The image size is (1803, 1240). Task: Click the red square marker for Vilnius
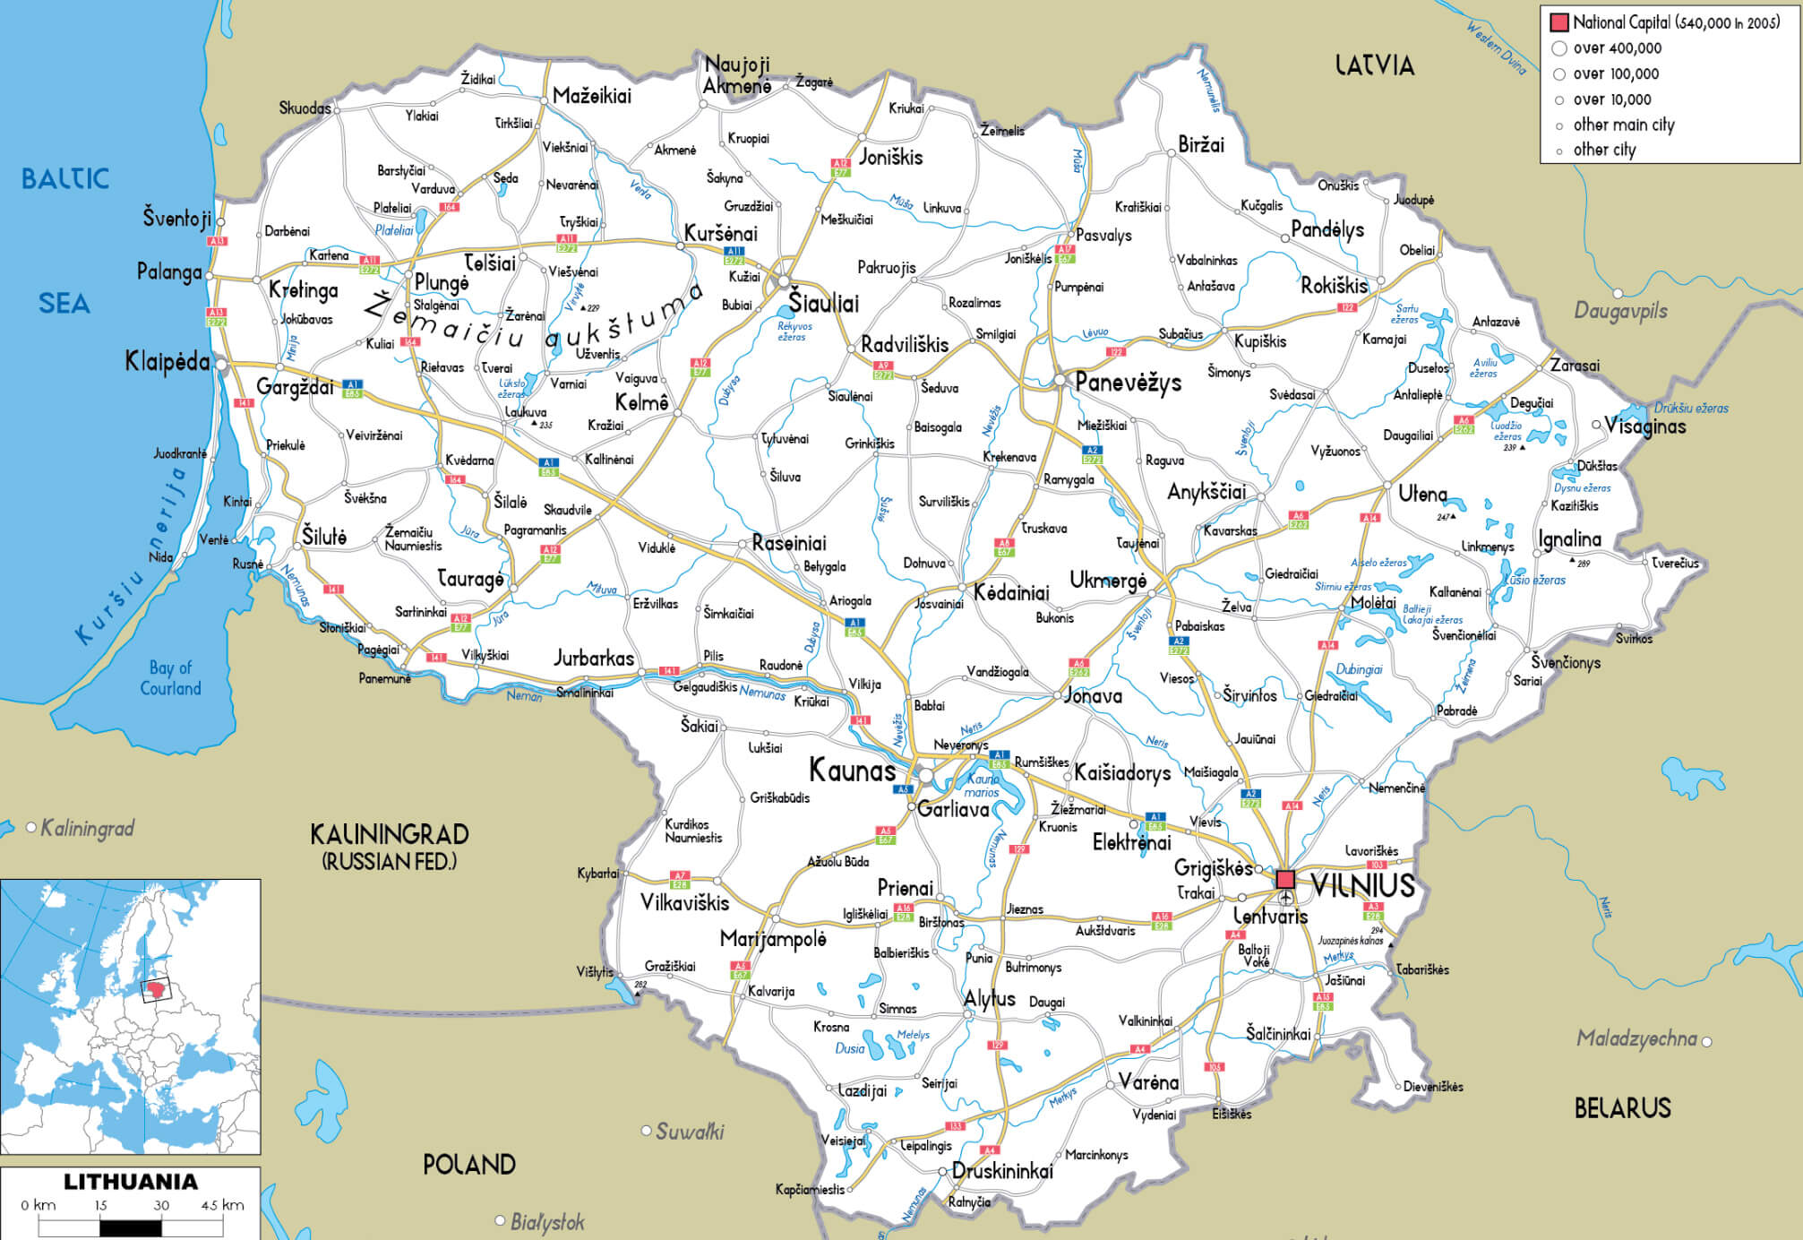coord(1285,879)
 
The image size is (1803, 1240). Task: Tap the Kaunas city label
coord(852,770)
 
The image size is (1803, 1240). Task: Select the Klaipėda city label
coord(167,362)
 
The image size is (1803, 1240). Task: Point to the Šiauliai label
coord(823,303)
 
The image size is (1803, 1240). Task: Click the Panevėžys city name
coord(1128,383)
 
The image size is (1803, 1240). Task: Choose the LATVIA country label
coord(1374,65)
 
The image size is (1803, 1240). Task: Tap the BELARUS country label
coord(1622,1108)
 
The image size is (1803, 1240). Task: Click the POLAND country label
coord(468,1165)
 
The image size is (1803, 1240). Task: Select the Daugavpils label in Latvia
coord(1620,312)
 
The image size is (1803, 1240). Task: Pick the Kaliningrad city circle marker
coord(31,827)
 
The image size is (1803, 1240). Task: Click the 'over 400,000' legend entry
coord(1617,48)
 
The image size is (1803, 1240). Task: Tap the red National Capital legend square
coord(1559,22)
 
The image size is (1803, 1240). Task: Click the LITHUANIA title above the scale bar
coord(131,1182)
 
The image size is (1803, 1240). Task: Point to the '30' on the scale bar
coord(161,1205)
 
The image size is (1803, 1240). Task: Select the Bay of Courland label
coord(170,678)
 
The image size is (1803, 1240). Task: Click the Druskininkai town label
coord(1002,1171)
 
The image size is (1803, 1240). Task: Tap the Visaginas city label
coord(1644,426)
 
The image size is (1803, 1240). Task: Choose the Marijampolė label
coord(773,939)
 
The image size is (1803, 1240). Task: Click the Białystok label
coord(546,1222)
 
